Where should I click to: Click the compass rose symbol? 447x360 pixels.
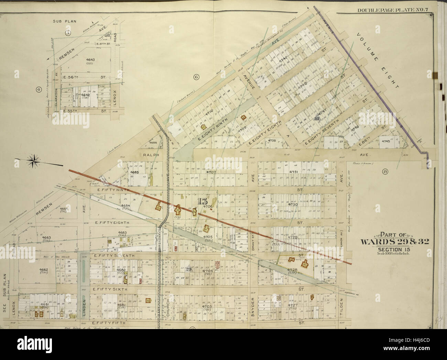click(x=33, y=161)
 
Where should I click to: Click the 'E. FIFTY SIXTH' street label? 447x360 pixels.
click(x=110, y=289)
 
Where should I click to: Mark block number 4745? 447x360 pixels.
click(x=386, y=141)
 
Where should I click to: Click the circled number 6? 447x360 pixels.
click(x=196, y=77)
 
